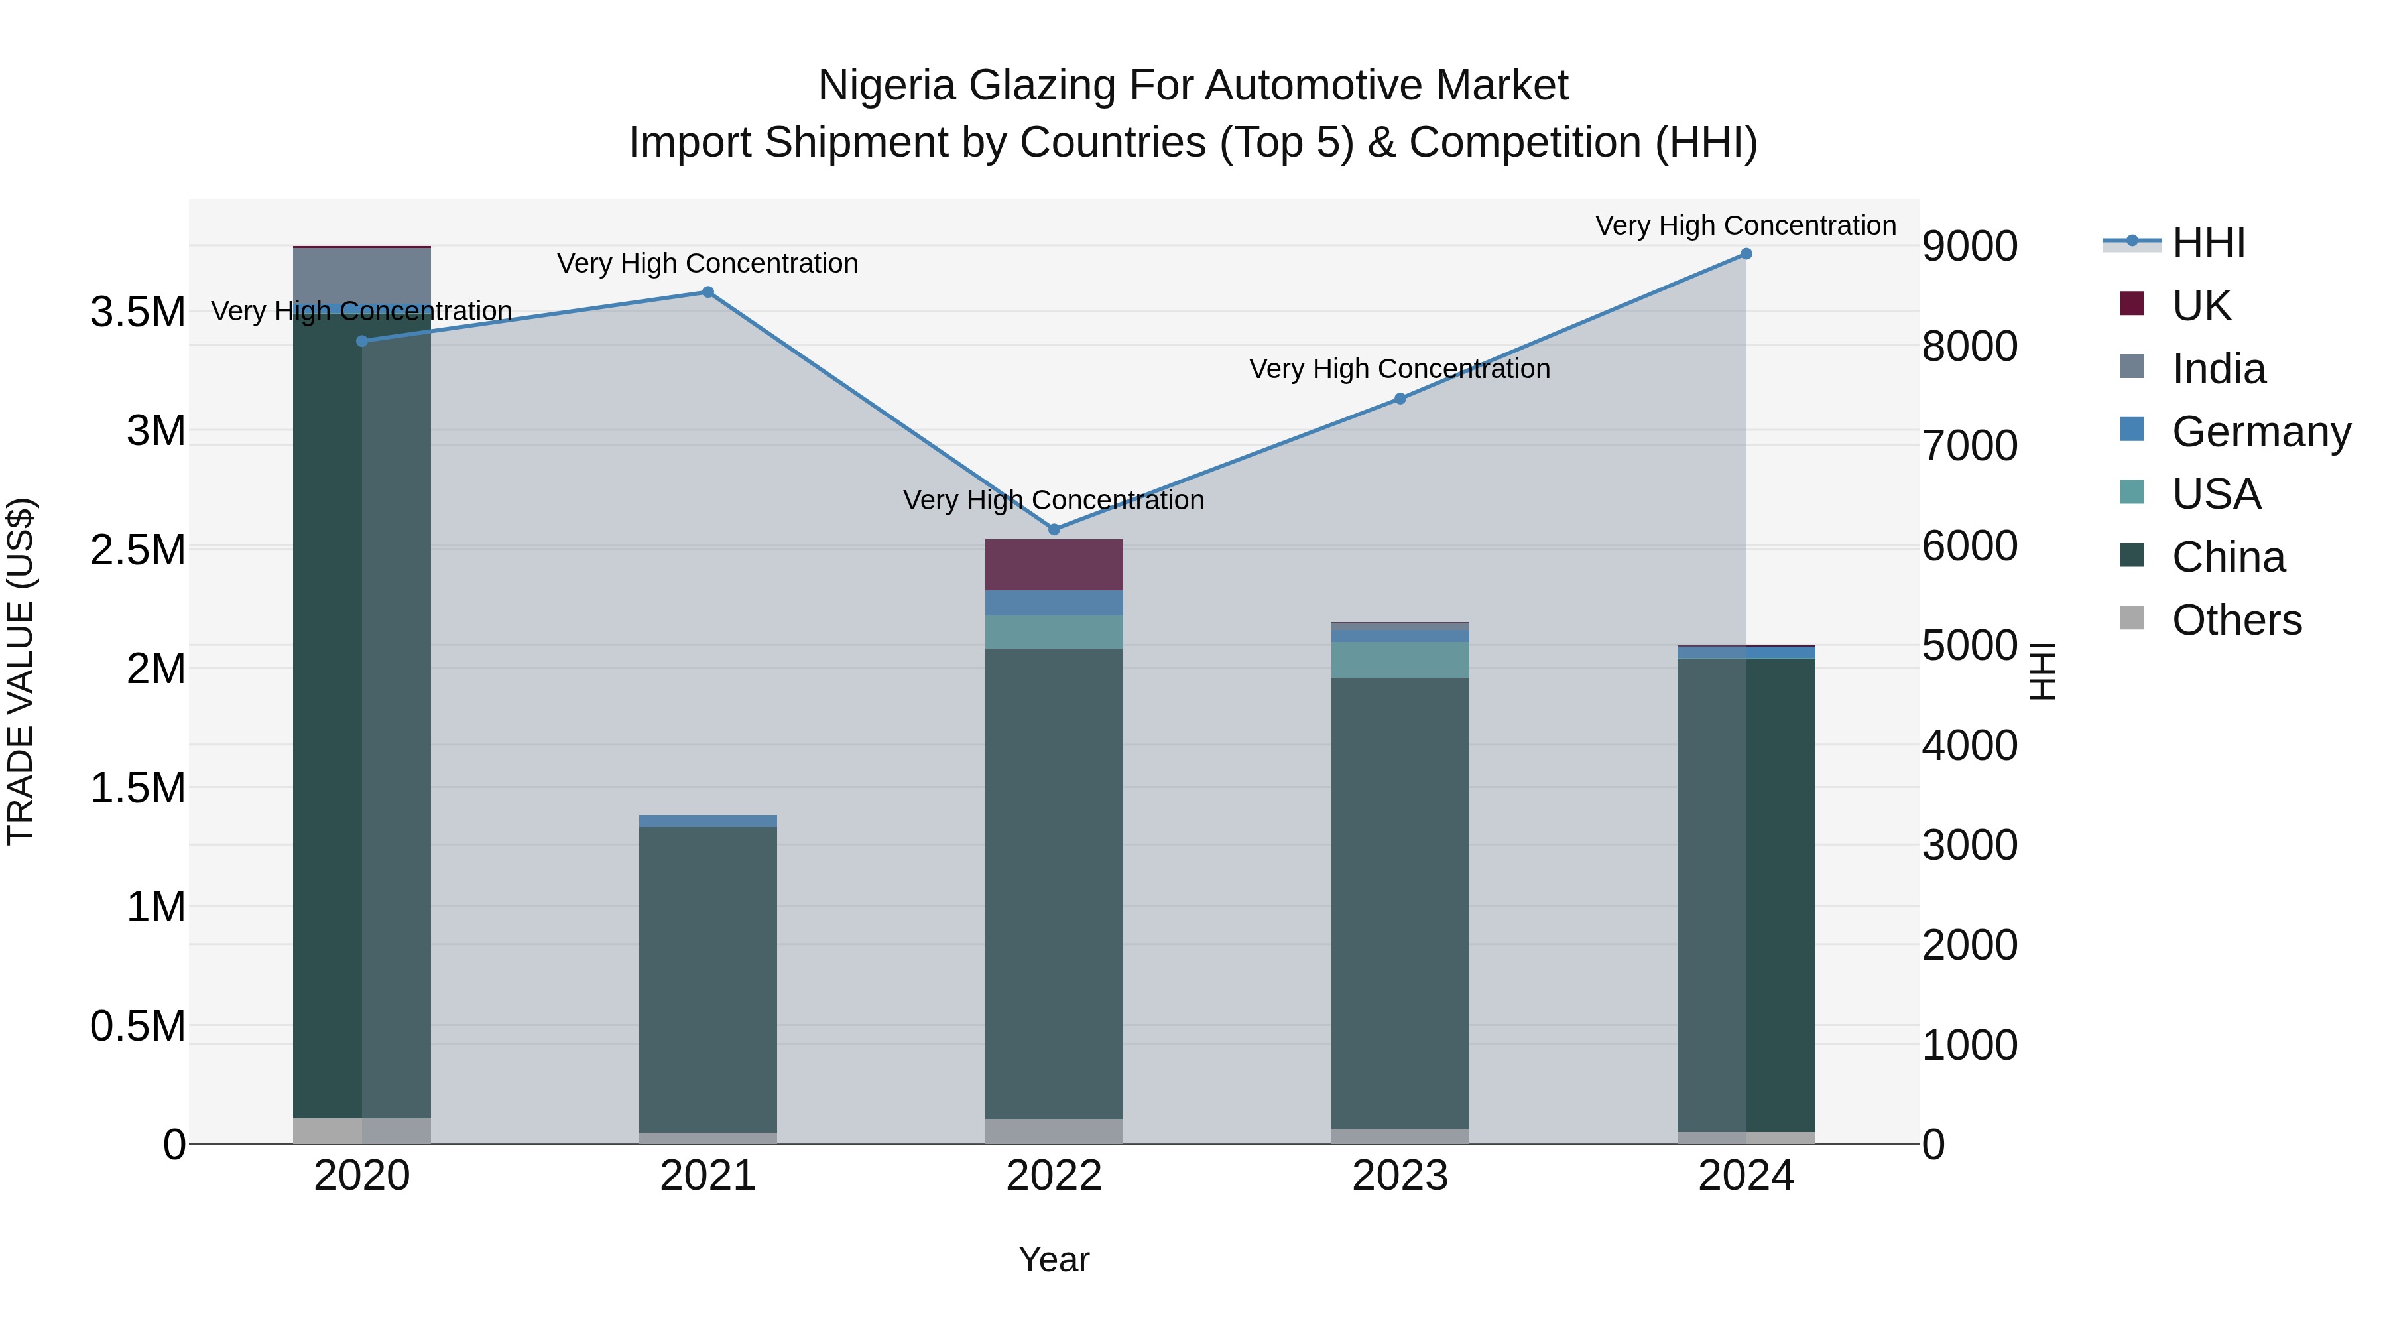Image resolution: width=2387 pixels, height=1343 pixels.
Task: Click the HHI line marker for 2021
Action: pos(708,292)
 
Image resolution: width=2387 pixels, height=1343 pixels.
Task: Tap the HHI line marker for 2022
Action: pos(1054,529)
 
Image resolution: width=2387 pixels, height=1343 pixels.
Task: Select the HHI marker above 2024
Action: pos(1746,254)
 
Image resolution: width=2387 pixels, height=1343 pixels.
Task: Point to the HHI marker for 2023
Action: pos(1400,399)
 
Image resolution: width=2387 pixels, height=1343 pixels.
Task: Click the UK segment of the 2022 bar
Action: pos(1054,564)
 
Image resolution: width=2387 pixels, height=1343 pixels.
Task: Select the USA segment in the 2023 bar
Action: pos(1400,660)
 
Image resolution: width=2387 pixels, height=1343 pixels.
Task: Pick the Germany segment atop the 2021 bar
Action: pos(708,821)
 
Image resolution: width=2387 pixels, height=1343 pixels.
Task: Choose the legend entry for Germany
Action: pos(2260,432)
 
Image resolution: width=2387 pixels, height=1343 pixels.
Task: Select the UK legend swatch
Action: pos(2132,304)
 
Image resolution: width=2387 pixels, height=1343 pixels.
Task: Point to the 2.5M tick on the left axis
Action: pos(138,550)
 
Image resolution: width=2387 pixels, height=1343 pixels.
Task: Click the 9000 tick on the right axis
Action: pos(1969,247)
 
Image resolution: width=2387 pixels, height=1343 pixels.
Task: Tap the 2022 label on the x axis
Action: pos(1054,1176)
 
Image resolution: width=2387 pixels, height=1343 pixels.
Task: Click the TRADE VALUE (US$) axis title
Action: pos(21,671)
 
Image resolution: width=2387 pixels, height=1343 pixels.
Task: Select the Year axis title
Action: pos(1054,1259)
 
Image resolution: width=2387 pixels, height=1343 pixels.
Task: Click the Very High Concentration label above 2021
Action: pos(708,263)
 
